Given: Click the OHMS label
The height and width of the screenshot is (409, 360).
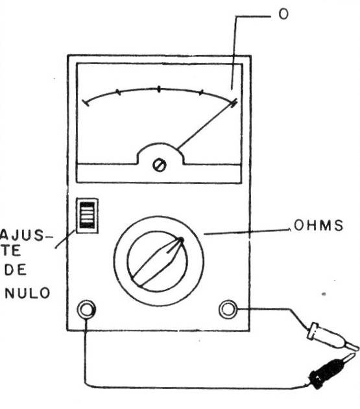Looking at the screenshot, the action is coord(318,226).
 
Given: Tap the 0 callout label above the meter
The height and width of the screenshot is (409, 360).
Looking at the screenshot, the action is coord(283,14).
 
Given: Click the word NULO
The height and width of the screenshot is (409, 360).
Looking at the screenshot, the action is coord(27,293).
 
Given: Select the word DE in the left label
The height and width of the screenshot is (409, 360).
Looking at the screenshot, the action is coord(16,270).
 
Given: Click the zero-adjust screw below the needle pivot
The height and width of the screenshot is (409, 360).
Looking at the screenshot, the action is coord(159,165).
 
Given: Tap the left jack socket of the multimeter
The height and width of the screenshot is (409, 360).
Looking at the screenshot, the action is coord(86,309).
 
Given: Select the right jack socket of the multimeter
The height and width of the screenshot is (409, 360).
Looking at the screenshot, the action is coord(228,309).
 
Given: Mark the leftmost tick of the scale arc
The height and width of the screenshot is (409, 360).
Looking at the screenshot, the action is coord(86,103).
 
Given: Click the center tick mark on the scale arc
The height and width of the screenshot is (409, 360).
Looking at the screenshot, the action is coord(159,89).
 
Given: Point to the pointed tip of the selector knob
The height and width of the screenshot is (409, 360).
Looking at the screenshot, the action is coord(181,239).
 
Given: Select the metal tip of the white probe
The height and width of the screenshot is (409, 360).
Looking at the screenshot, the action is coord(352,347).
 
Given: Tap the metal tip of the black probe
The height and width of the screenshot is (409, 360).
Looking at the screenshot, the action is coord(349,357).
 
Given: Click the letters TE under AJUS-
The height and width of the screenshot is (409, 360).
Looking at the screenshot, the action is coord(12,251).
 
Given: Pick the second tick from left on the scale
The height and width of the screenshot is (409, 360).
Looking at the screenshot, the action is coord(118,92).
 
